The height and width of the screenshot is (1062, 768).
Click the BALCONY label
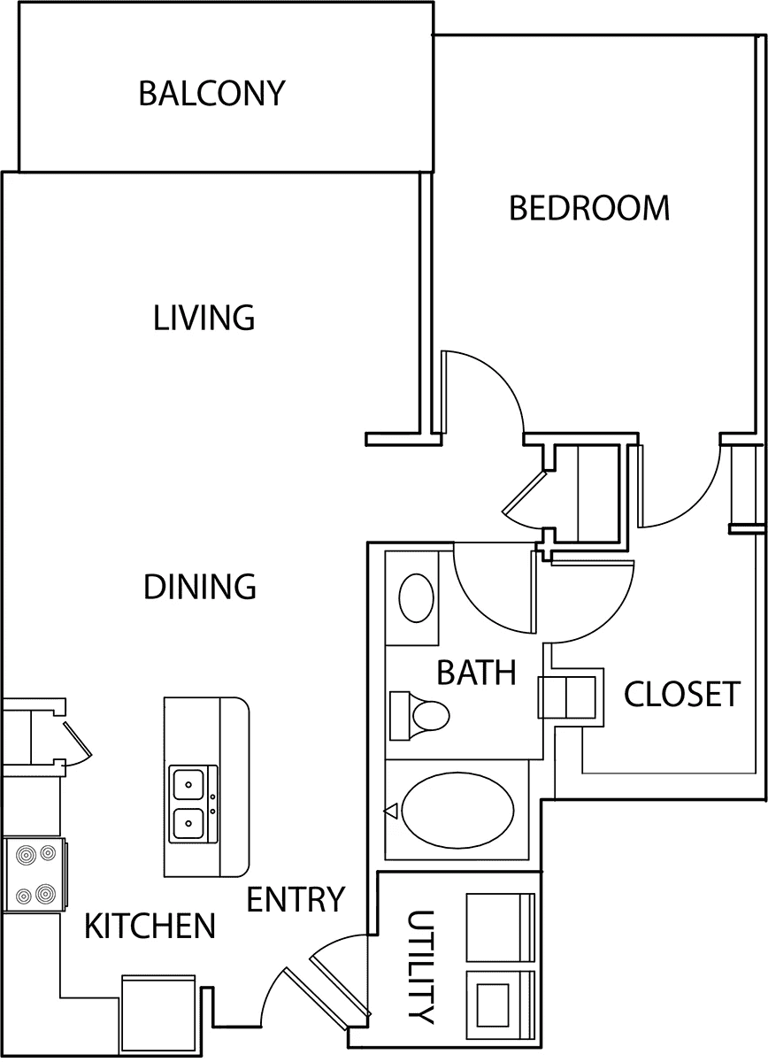(211, 93)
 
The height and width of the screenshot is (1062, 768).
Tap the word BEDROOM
(589, 208)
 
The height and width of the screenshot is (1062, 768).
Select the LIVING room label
(204, 318)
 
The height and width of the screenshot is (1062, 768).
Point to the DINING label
(200, 587)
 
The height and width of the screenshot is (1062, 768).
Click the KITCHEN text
(150, 926)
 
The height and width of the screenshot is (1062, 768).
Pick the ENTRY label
(296, 899)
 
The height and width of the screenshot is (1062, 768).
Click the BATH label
(476, 672)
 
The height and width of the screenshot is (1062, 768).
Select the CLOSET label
(681, 694)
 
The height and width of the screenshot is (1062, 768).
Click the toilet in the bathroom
(419, 715)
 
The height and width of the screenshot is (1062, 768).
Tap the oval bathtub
(457, 810)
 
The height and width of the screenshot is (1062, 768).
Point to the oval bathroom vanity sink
(416, 597)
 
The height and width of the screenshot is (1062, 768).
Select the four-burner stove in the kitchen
(35, 873)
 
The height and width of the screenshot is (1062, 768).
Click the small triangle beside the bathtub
(391, 812)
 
